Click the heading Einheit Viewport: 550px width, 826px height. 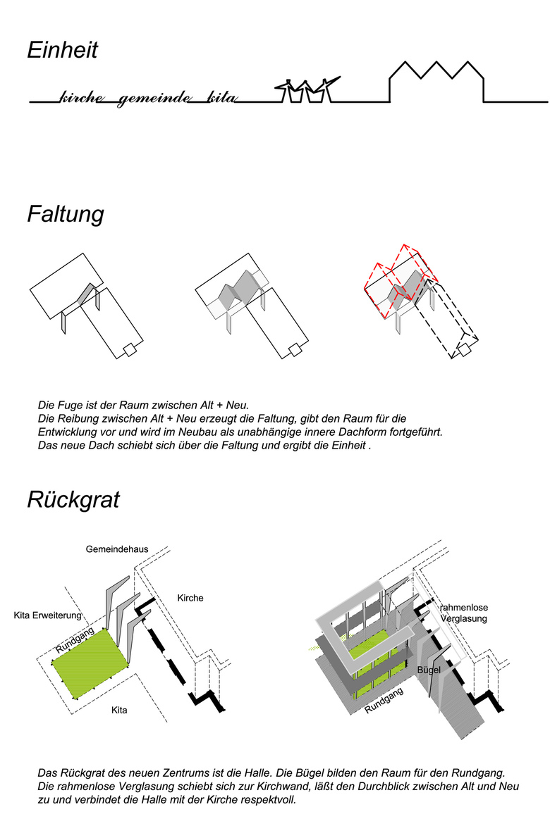point(62,51)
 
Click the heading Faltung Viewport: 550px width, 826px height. point(65,214)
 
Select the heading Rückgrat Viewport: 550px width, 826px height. point(73,499)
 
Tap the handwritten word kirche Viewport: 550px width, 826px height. point(83,97)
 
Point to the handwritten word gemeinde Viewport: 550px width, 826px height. point(154,97)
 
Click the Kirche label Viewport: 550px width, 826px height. point(190,598)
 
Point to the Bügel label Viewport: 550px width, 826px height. point(429,670)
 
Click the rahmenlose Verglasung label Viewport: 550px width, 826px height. point(463,613)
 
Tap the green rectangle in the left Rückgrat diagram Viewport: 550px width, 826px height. point(92,663)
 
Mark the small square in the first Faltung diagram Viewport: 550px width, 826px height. point(129,351)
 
